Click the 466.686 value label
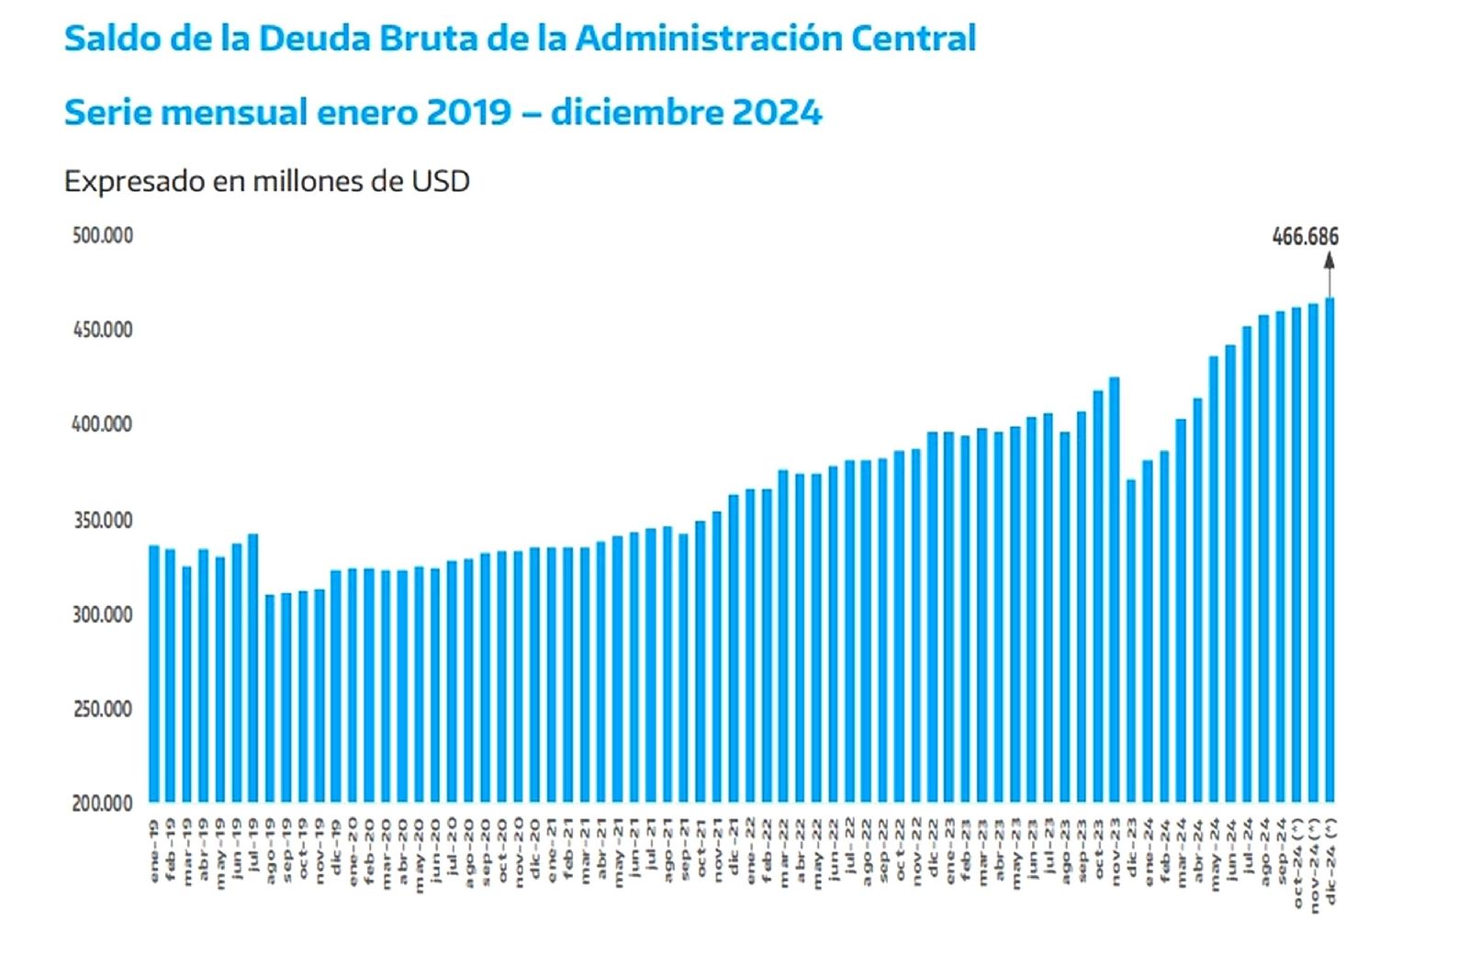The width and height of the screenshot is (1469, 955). point(1305,237)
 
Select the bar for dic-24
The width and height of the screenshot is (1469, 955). point(1329,551)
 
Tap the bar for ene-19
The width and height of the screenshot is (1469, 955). point(154,675)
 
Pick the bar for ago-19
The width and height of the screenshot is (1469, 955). point(270,698)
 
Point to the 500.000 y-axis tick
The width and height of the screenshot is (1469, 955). point(103,236)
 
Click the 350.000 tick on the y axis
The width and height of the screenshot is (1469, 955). point(103,521)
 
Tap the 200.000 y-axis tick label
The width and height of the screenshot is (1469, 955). point(103,803)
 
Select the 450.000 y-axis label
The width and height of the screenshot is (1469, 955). point(103,330)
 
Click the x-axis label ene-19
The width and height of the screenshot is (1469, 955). point(154,851)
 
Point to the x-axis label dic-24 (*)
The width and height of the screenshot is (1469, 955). point(1330,859)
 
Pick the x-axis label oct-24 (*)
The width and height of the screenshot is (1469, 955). point(1297,859)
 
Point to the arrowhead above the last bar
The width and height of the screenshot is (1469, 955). point(1329,260)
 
